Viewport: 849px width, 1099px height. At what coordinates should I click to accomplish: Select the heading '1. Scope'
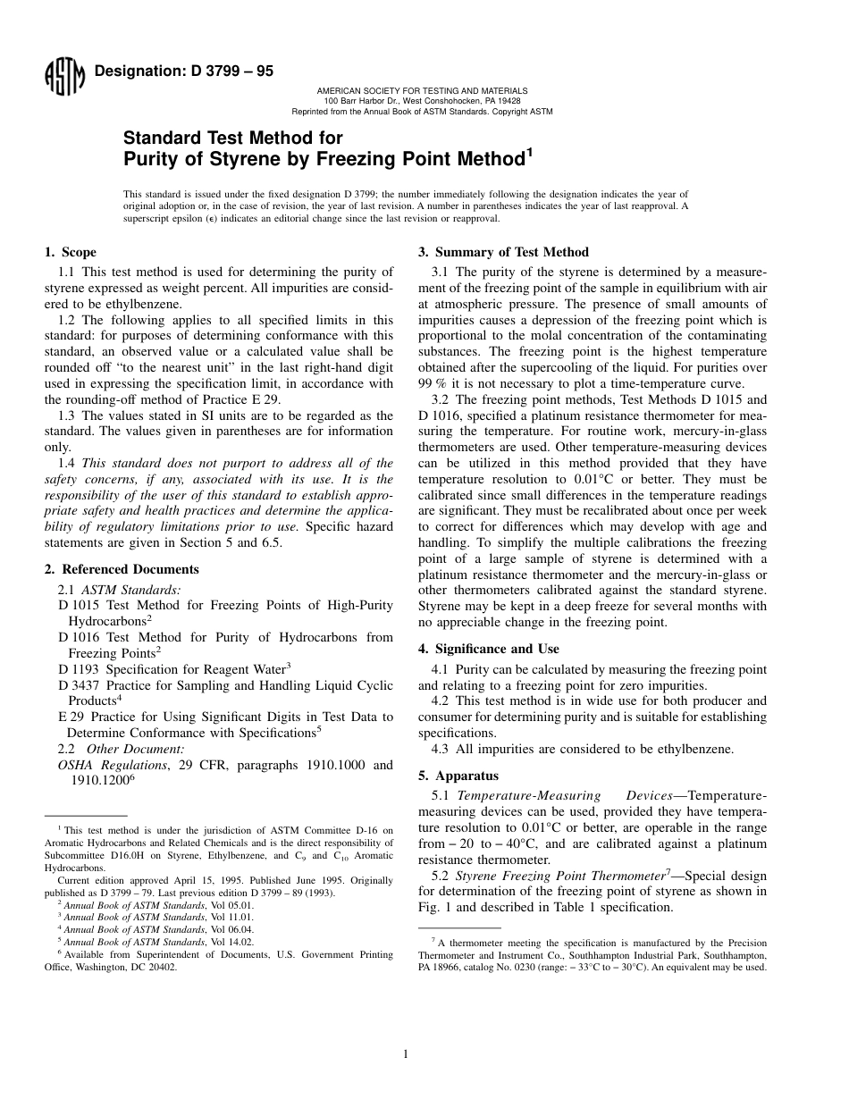71,253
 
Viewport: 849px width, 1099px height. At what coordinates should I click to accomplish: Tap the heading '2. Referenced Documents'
122,569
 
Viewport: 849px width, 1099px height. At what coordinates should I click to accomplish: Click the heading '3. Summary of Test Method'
504,253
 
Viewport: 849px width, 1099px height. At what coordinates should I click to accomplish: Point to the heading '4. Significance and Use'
489,649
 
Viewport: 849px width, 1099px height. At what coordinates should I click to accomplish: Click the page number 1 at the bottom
406,1054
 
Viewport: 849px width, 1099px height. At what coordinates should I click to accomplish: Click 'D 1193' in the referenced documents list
79,667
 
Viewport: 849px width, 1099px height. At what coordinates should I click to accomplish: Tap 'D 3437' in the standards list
79,685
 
